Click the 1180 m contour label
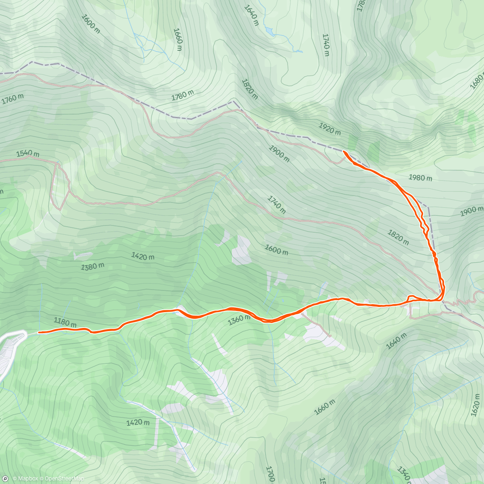pos(65,322)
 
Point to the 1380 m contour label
pos(93,267)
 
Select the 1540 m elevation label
pos(28,154)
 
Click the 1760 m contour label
pos(13,99)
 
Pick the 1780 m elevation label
pos(183,95)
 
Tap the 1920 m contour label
pos(330,128)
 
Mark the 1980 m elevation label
pos(420,177)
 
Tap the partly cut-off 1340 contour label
pos(404,475)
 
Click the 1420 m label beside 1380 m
pos(142,256)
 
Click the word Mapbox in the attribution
pos(28,479)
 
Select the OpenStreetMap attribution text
pos(64,479)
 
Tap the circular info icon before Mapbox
pos(5,479)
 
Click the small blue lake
pos(269,31)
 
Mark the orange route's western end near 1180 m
pos(39,332)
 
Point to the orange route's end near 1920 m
pos(343,151)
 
